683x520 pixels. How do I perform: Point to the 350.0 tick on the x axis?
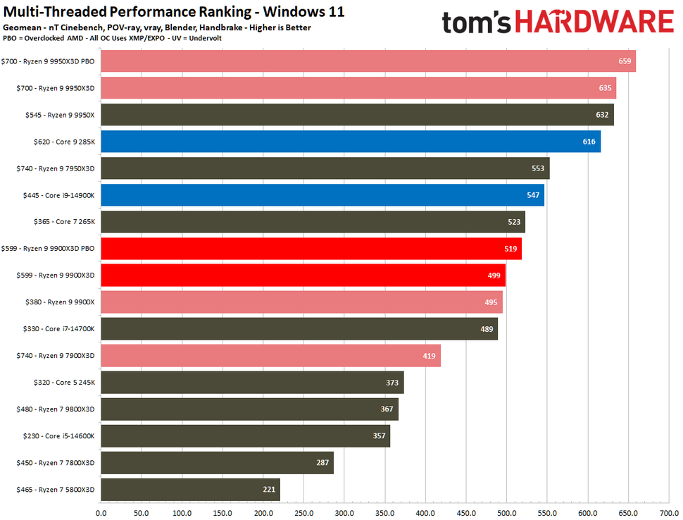[x=384, y=513]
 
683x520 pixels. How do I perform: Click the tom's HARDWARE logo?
[x=557, y=22]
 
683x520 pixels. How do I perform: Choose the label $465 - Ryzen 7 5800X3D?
[x=49, y=490]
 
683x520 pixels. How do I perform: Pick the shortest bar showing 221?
[x=190, y=490]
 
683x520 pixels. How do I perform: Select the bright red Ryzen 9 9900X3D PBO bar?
[x=311, y=249]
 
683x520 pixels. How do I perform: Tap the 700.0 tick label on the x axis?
[x=668, y=513]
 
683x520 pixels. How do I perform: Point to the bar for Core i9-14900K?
[x=322, y=195]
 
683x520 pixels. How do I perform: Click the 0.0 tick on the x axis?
[x=101, y=513]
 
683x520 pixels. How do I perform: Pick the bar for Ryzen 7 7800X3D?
[x=217, y=463]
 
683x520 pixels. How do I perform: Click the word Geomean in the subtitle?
[x=21, y=27]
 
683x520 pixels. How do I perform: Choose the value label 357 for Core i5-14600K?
[x=380, y=436]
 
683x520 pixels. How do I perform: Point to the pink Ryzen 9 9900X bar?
[x=301, y=302]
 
